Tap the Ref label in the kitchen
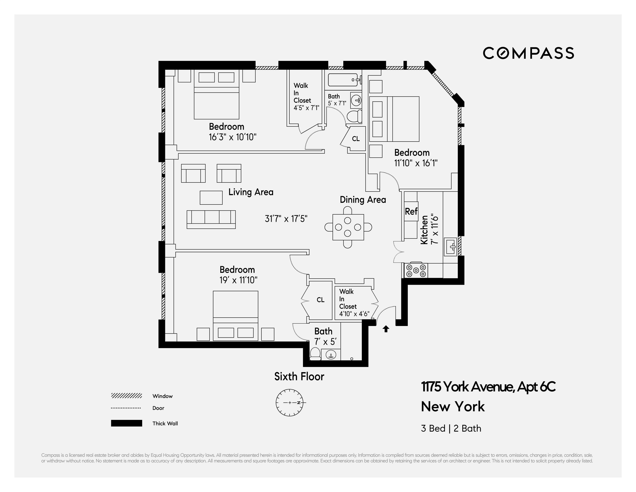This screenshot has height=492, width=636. pyautogui.click(x=411, y=211)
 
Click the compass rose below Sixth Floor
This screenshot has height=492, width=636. pyautogui.click(x=289, y=403)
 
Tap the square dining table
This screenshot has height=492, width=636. pyautogui.click(x=348, y=227)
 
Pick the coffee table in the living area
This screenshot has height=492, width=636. pyautogui.click(x=211, y=198)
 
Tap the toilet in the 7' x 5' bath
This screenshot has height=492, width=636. pyautogui.click(x=315, y=354)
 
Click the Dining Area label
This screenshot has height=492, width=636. pyautogui.click(x=363, y=200)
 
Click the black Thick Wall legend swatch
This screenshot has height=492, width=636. pyautogui.click(x=126, y=423)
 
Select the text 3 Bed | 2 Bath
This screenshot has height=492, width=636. pyautogui.click(x=451, y=428)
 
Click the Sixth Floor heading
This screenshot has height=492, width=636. pyautogui.click(x=299, y=377)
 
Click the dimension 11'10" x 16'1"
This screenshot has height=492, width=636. pyautogui.click(x=416, y=163)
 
